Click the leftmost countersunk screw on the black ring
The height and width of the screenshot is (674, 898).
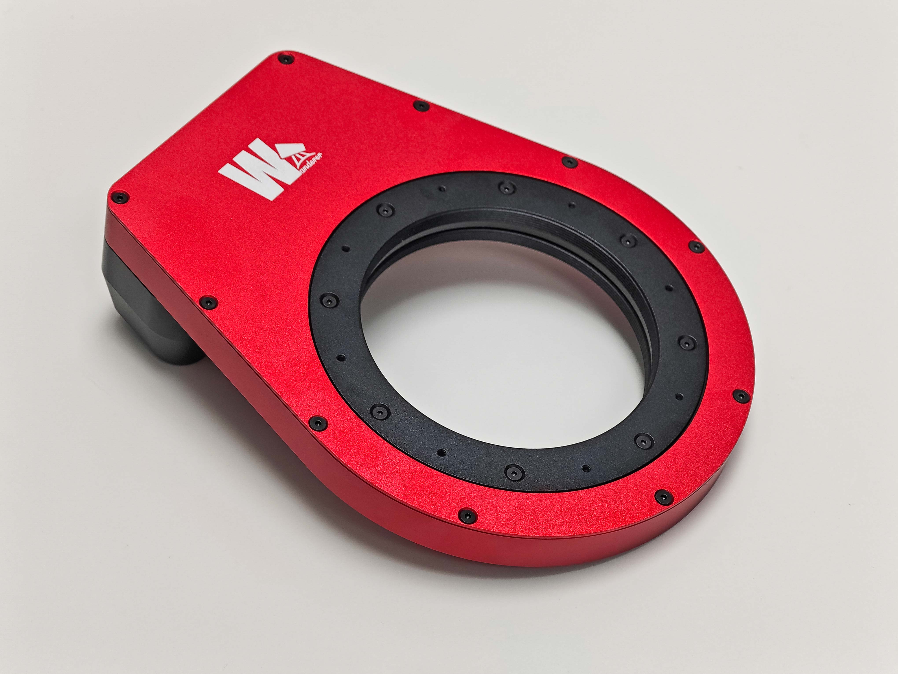pyautogui.click(x=328, y=301)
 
